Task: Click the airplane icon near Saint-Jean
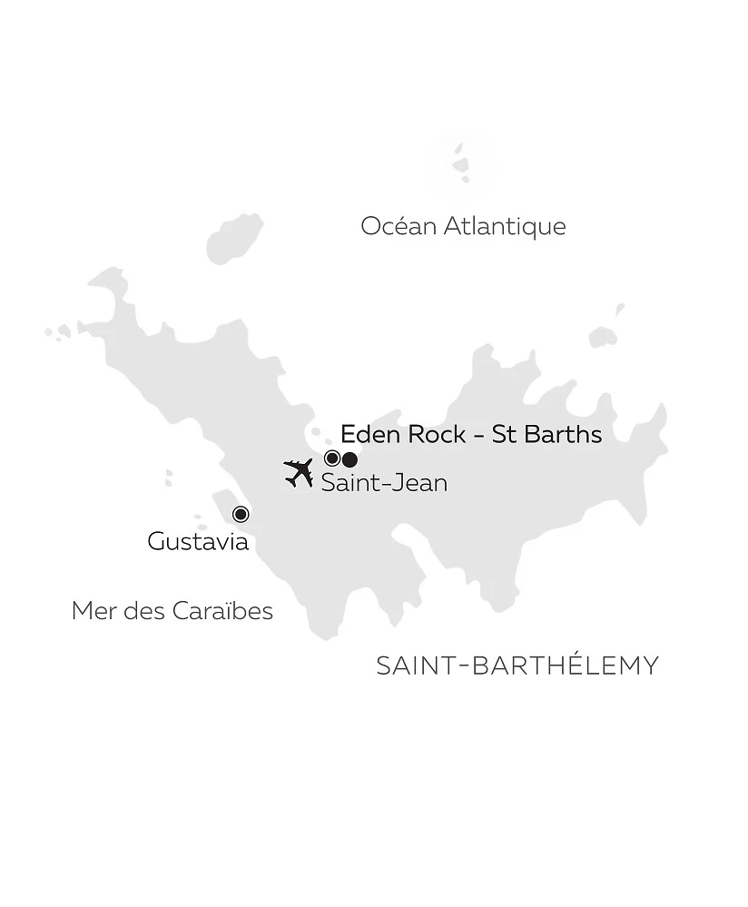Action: coord(299,472)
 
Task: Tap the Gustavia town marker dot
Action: coord(241,514)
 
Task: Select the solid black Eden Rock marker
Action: coord(349,458)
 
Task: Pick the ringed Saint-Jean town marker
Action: coord(332,458)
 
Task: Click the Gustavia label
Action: coord(198,542)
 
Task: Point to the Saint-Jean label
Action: coord(384,483)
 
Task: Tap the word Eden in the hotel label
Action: coord(370,434)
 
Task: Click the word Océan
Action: coord(398,226)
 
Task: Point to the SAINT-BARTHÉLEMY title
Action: coord(517,665)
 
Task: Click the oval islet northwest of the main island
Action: coord(234,238)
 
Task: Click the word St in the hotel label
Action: coord(503,434)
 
